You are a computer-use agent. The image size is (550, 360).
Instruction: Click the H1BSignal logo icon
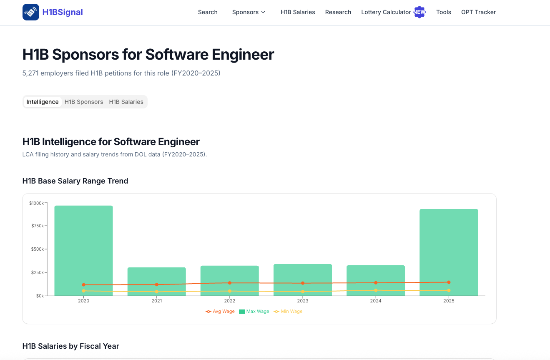(x=30, y=12)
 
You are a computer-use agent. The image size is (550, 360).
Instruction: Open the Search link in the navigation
(x=208, y=12)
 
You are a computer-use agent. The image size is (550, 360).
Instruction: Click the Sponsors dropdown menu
(x=249, y=12)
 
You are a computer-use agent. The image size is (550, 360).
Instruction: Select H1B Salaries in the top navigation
(x=298, y=12)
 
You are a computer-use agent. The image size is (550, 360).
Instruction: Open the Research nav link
(x=338, y=12)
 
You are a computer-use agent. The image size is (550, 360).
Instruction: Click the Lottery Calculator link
(x=386, y=12)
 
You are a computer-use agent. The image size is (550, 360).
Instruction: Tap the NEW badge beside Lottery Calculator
(x=419, y=12)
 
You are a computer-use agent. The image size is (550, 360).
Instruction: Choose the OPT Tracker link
(x=478, y=12)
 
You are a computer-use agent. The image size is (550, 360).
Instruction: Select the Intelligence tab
(x=43, y=102)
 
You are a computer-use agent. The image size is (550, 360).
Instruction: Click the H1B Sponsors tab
(x=84, y=102)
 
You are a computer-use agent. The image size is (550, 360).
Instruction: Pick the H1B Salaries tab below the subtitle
(x=126, y=102)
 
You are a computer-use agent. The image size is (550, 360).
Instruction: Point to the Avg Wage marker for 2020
(x=84, y=284)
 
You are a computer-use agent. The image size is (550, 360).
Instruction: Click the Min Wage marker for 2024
(x=376, y=290)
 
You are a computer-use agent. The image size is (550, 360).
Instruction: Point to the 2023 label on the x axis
(x=303, y=301)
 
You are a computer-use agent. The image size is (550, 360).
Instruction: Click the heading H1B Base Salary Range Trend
(x=75, y=181)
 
